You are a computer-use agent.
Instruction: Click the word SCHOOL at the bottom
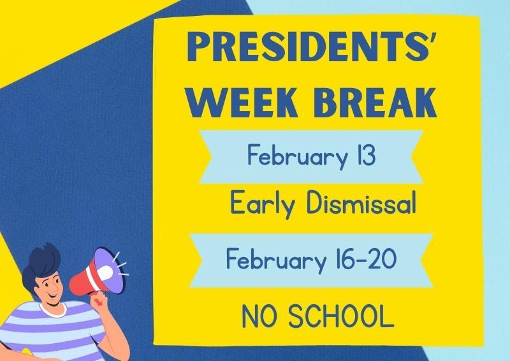click(339, 316)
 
